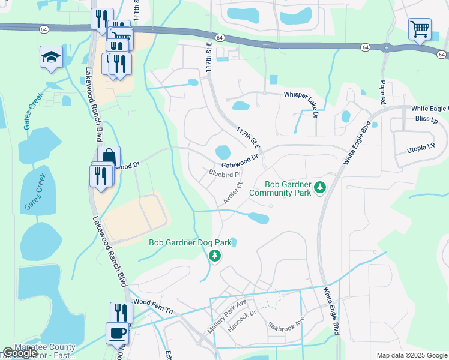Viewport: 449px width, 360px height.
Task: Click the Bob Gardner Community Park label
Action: tap(280, 188)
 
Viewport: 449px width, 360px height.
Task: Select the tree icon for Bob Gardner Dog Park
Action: tap(215, 257)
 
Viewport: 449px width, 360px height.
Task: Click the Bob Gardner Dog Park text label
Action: tap(190, 243)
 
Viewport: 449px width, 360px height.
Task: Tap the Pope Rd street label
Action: tap(382, 91)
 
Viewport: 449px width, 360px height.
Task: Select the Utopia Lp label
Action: tap(421, 147)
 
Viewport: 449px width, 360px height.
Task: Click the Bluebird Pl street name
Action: tap(224, 174)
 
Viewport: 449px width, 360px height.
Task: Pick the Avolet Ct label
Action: tap(232, 194)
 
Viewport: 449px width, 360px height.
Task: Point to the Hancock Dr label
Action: tap(245, 320)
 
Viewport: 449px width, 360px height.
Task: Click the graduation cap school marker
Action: tap(51, 58)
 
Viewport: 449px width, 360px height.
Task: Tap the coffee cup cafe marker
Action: tap(116, 332)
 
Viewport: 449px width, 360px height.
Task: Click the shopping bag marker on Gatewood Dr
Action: tap(109, 157)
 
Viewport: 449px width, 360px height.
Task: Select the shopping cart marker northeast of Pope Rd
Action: tap(419, 28)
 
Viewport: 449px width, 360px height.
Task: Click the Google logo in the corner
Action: tap(20, 353)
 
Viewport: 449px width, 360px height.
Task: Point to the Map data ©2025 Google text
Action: tap(411, 355)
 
